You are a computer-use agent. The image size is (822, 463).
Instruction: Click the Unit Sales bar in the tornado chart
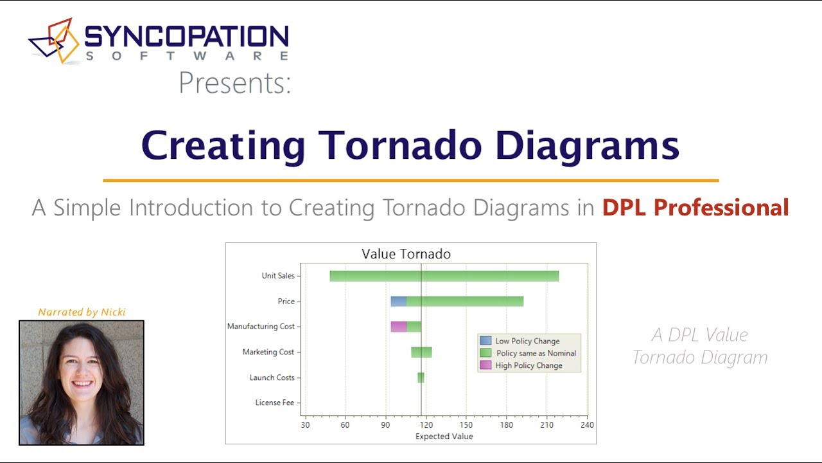(x=444, y=276)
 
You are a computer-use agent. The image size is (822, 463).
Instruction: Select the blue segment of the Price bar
(x=399, y=302)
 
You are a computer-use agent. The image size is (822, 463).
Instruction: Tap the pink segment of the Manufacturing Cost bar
(x=399, y=327)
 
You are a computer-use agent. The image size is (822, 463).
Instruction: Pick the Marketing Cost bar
(x=421, y=352)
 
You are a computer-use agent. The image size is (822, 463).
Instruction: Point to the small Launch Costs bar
(x=421, y=377)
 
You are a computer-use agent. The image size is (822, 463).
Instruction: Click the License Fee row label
(x=275, y=403)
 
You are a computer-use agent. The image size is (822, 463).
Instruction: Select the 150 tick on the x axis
(x=466, y=425)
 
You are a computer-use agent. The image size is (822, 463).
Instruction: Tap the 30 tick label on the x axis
(x=305, y=425)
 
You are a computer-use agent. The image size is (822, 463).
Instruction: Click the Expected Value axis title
(x=444, y=436)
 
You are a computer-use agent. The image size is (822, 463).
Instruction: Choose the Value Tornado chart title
(x=406, y=254)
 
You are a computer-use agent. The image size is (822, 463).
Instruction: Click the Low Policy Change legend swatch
(x=485, y=341)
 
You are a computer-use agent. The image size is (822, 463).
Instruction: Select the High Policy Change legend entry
(x=521, y=365)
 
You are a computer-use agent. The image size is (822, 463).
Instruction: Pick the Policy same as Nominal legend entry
(x=528, y=353)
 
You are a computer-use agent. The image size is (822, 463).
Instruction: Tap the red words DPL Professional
(x=695, y=208)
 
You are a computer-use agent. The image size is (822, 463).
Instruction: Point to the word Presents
(x=235, y=83)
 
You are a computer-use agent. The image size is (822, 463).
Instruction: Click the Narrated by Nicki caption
(x=82, y=313)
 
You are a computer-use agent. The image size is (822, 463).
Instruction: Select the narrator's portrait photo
(x=82, y=383)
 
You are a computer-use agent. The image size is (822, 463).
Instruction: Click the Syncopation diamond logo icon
(x=54, y=41)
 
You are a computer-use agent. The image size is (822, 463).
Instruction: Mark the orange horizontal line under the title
(x=411, y=181)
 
